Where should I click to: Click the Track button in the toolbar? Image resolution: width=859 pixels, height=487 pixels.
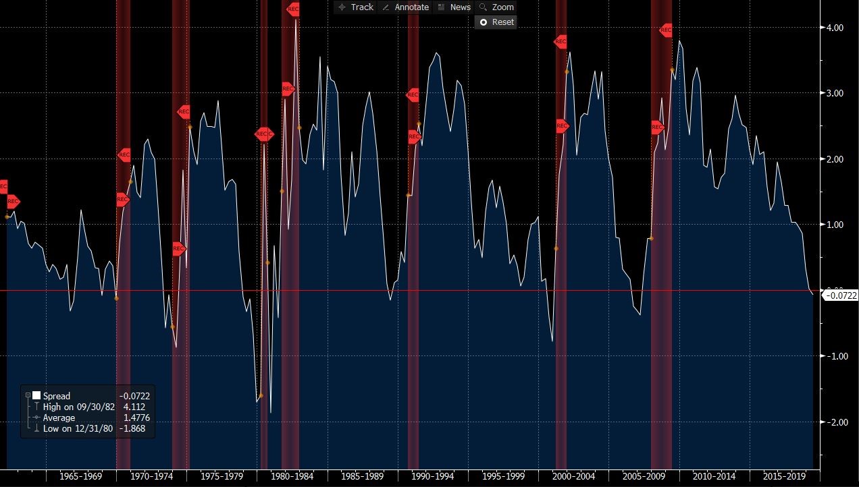point(355,7)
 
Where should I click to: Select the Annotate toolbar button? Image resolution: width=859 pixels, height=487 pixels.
point(405,7)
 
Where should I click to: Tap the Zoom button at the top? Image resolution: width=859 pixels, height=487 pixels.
point(496,7)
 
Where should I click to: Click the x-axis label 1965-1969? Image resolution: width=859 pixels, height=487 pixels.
point(81,476)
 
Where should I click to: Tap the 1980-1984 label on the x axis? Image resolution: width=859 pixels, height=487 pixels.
point(292,476)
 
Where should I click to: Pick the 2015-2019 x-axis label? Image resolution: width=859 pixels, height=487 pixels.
point(785,476)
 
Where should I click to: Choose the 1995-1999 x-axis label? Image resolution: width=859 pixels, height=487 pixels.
point(503,476)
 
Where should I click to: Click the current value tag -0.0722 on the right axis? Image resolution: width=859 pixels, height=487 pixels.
point(841,295)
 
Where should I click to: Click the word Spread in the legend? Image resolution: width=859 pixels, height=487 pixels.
point(57,396)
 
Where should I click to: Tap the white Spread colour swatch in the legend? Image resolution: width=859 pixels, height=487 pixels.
point(36,396)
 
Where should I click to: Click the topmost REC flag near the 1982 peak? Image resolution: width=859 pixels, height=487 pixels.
point(293,9)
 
